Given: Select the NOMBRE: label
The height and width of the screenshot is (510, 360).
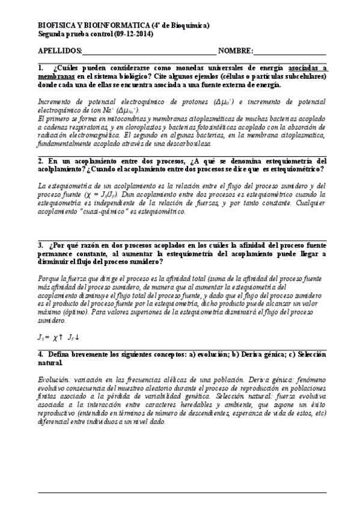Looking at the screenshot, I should point(236,51).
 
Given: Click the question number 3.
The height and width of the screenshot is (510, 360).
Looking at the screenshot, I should point(40,245).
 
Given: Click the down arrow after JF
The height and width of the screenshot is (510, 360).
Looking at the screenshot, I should point(78,338).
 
